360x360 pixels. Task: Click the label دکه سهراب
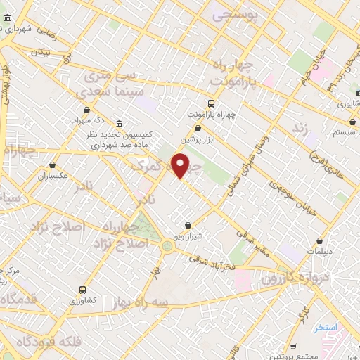[86, 119]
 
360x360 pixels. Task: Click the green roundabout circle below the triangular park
[167, 245]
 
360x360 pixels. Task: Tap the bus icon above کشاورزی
[83, 289]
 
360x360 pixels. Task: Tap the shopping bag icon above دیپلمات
[320, 240]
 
